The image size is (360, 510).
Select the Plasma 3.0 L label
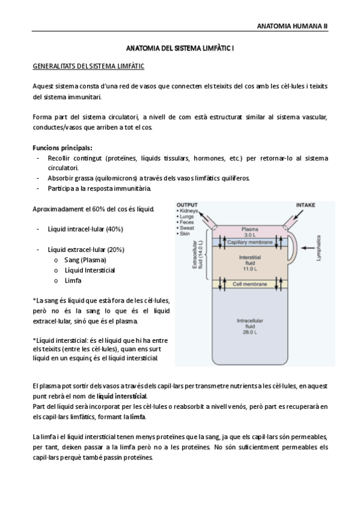click(x=249, y=232)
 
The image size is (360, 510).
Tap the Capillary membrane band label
click(x=249, y=242)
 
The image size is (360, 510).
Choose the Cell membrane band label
click(x=249, y=283)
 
